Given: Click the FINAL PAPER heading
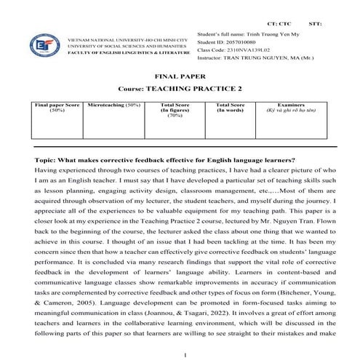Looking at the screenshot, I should [180, 76].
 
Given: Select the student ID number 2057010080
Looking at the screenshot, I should [247, 42].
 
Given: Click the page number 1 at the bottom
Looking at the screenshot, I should [186, 354].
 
